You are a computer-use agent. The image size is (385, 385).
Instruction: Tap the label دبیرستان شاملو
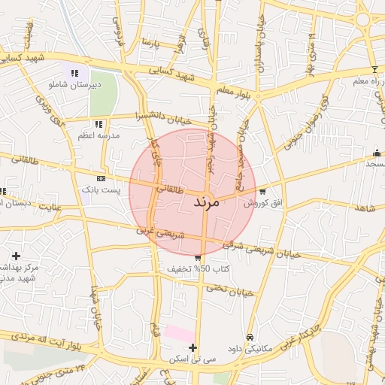click(x=74, y=85)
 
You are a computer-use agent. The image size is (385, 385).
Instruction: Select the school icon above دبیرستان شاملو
click(x=74, y=73)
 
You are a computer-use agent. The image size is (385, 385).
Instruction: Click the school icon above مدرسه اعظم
click(x=98, y=124)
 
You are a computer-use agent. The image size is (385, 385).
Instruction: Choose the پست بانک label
click(x=101, y=190)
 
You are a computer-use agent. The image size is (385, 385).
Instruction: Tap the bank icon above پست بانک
click(x=101, y=178)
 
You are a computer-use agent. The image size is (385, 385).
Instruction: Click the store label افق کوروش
click(x=261, y=203)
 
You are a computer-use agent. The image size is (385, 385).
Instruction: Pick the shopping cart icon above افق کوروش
click(x=262, y=191)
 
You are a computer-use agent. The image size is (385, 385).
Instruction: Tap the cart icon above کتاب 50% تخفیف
click(x=197, y=258)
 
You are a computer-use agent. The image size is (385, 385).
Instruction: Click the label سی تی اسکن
click(x=194, y=360)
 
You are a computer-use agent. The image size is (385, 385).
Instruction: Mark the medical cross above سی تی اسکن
click(x=194, y=347)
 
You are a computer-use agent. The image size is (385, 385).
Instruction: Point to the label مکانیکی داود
click(x=250, y=349)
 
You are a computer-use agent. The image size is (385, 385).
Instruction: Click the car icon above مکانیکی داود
click(x=250, y=337)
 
